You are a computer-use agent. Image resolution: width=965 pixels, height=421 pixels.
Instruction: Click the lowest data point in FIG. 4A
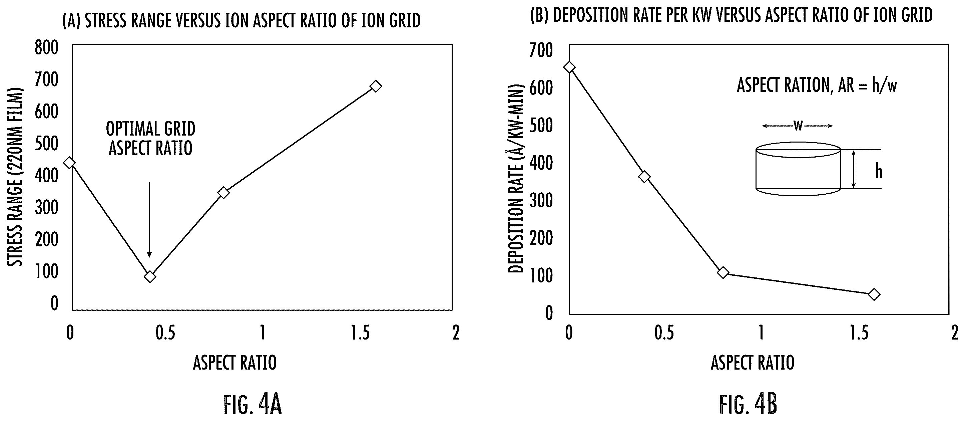pyautogui.click(x=150, y=277)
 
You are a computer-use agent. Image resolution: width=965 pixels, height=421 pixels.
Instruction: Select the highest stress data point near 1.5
pyautogui.click(x=375, y=86)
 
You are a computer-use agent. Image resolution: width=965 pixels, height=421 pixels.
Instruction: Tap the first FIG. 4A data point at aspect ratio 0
pyautogui.click(x=70, y=162)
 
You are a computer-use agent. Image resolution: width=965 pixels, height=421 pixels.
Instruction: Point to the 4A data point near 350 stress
pyautogui.click(x=223, y=192)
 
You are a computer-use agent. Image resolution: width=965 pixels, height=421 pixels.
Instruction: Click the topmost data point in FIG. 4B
pyautogui.click(x=569, y=67)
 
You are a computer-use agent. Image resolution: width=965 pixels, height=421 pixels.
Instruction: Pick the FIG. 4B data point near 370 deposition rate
pyautogui.click(x=644, y=177)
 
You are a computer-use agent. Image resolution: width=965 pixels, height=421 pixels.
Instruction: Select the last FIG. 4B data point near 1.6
pyautogui.click(x=874, y=294)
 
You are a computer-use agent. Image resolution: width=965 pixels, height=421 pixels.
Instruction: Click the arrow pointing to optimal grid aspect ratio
pyautogui.click(x=149, y=220)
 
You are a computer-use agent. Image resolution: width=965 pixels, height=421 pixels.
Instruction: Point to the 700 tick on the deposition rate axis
pyautogui.click(x=541, y=50)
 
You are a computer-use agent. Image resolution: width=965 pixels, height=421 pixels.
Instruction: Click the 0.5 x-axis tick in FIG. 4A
pyautogui.click(x=165, y=333)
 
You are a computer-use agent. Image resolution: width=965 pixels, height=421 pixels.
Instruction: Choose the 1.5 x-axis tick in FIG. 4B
pyautogui.click(x=859, y=333)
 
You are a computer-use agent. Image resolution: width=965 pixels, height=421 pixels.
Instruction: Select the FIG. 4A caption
pyautogui.click(x=253, y=405)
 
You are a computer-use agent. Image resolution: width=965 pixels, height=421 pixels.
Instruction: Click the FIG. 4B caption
pyautogui.click(x=748, y=405)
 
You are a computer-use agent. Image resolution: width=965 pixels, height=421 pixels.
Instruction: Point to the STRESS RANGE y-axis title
pyautogui.click(x=15, y=177)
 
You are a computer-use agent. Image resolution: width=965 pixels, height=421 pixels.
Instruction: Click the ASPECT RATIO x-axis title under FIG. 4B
pyautogui.click(x=753, y=363)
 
